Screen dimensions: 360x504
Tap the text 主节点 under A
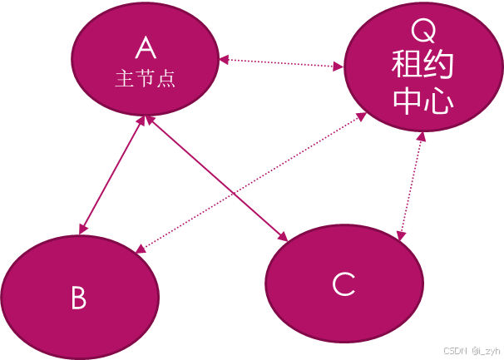[147, 80]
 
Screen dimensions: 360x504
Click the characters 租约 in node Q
[422, 67]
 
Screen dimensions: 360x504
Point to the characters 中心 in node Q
[422, 101]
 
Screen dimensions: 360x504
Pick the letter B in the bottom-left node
[79, 298]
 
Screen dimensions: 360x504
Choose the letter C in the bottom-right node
[343, 284]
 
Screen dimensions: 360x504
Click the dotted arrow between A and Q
[283, 62]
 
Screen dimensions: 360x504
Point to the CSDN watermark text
[455, 350]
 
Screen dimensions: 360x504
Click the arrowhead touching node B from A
[83, 228]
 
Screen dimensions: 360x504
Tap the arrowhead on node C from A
[283, 237]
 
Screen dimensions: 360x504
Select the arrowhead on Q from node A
[340, 66]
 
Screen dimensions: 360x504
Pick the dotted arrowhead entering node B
[141, 246]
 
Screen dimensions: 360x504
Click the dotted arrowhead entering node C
[402, 236]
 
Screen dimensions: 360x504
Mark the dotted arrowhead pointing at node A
[225, 59]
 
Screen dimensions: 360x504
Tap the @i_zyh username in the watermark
[486, 350]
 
